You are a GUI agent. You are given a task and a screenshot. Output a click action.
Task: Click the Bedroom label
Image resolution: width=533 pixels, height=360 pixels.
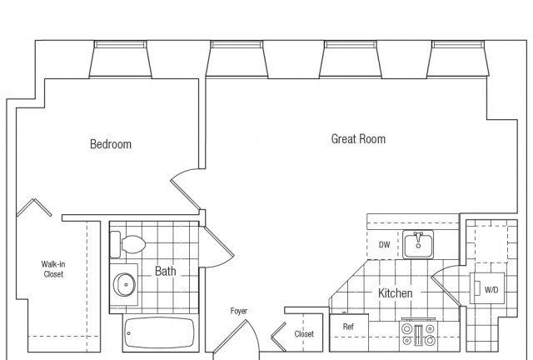[x=111, y=144]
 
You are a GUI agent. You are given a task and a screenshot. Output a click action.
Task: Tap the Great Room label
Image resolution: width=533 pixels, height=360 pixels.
[x=358, y=139]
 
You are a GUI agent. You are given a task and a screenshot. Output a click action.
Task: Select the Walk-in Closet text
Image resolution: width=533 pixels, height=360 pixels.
[x=53, y=269]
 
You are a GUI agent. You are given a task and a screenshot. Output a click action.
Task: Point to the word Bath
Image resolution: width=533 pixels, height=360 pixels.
[x=166, y=271]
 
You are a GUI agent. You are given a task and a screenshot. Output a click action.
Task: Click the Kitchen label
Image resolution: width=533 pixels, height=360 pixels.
[x=396, y=293]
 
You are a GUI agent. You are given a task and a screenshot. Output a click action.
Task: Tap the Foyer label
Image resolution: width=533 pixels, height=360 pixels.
[x=239, y=311]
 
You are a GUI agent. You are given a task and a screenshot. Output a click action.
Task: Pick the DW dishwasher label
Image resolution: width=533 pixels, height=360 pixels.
[x=384, y=245]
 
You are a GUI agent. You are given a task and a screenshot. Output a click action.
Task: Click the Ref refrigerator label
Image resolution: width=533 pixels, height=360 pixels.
[x=348, y=327]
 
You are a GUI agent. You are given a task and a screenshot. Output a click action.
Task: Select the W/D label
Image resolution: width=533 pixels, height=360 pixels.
[x=491, y=290]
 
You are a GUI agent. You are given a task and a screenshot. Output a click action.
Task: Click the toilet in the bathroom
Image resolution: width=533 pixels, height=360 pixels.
[x=128, y=244]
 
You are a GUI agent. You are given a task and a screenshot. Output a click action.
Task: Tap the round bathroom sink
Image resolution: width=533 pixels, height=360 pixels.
[x=124, y=284]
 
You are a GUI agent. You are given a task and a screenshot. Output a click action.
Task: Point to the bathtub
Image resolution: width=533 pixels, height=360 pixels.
[x=159, y=332]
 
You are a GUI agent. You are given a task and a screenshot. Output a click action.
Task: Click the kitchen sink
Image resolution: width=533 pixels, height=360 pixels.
[x=418, y=244]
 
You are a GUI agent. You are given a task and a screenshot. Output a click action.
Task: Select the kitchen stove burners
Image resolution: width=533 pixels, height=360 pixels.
[x=418, y=335]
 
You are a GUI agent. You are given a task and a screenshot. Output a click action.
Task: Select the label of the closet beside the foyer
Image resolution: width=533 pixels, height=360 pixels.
[x=304, y=334]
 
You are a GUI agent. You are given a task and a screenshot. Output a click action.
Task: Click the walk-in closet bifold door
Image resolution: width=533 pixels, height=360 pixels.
[x=34, y=207]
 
